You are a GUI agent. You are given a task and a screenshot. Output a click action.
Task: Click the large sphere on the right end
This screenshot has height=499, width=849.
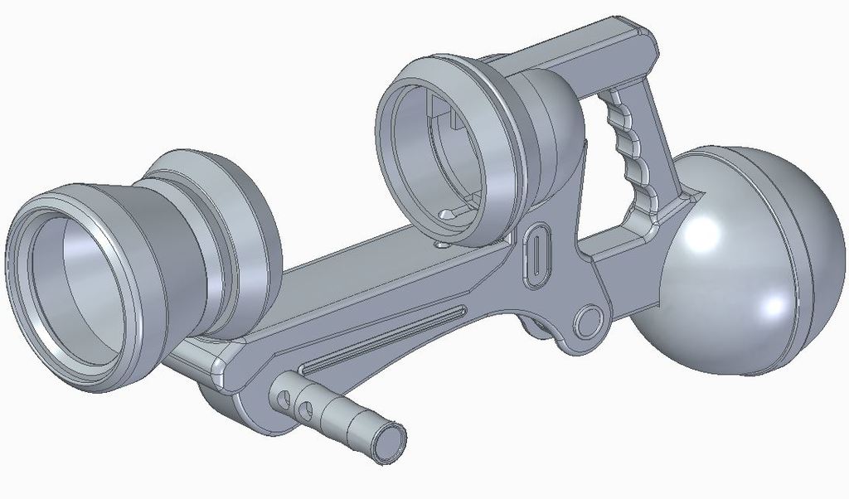click(746, 265)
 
